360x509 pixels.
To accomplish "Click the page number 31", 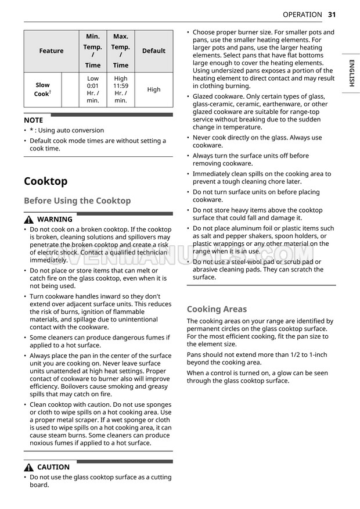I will (332, 15).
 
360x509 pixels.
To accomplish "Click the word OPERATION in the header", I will (302, 15).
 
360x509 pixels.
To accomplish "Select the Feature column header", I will (51, 51).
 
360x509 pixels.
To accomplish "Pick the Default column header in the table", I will (154, 51).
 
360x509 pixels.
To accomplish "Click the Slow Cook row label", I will (42, 89).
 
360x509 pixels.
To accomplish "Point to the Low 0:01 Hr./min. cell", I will (93, 89).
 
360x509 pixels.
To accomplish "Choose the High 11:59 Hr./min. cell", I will (121, 89).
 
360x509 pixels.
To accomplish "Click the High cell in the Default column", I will (154, 89).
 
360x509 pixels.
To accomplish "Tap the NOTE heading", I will (33, 120).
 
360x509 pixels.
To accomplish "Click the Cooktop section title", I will (45, 181).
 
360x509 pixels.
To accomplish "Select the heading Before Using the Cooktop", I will (77, 201).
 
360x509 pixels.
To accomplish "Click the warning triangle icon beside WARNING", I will (29, 220).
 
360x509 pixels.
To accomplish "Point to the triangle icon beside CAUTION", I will (29, 467).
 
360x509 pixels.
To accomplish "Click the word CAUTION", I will (53, 467).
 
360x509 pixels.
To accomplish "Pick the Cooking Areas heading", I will (217, 309).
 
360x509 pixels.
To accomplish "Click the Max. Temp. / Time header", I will (121, 51).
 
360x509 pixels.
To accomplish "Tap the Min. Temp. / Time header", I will (93, 51).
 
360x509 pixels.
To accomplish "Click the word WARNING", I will (55, 220).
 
